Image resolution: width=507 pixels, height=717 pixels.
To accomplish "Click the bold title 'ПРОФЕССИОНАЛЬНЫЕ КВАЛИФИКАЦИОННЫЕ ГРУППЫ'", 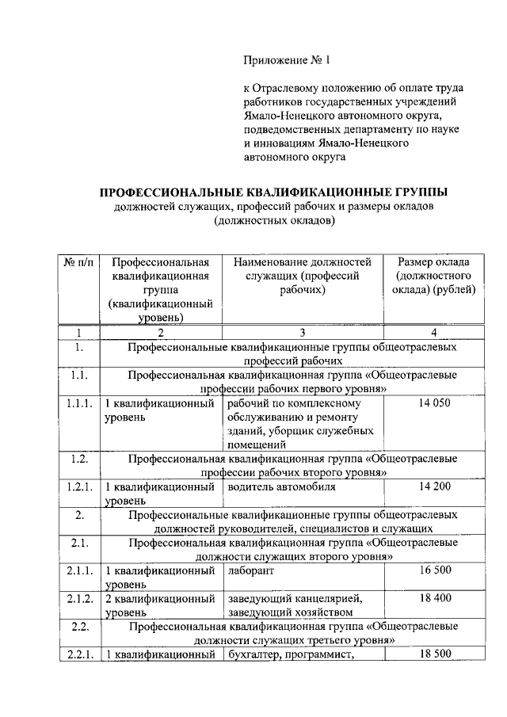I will [273, 193].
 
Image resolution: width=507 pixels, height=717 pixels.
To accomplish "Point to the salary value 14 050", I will [433, 403].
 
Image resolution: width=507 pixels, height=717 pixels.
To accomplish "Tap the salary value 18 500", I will [433, 654].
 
